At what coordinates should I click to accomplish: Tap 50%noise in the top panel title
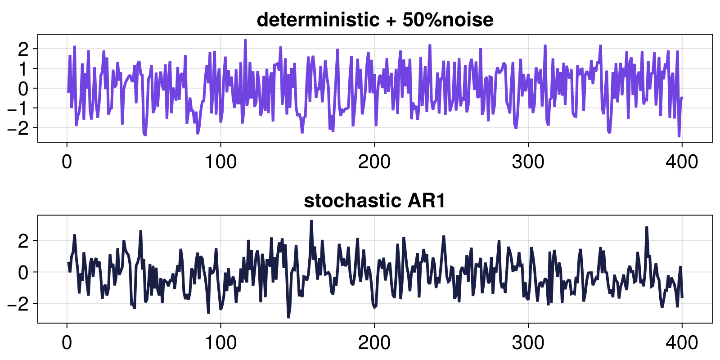pos(448,20)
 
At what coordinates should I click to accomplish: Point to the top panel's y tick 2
pos(23,49)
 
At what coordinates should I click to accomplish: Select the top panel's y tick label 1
pos(23,68)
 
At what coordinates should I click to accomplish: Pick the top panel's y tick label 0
pos(23,88)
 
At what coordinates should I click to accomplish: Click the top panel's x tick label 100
pos(220,162)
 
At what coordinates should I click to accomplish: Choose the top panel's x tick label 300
pos(528,162)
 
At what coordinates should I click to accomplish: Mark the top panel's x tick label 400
pos(682,162)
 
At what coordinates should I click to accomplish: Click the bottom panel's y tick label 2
pos(23,241)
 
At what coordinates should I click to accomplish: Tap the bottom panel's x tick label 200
pos(374,343)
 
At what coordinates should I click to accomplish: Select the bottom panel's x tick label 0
pos(67,343)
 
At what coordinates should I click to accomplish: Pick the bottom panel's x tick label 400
pos(682,343)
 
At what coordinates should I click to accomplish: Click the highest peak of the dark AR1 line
pos(311,221)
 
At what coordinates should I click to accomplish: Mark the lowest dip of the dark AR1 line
pos(288,317)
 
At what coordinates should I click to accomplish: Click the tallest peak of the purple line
pos(245,40)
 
